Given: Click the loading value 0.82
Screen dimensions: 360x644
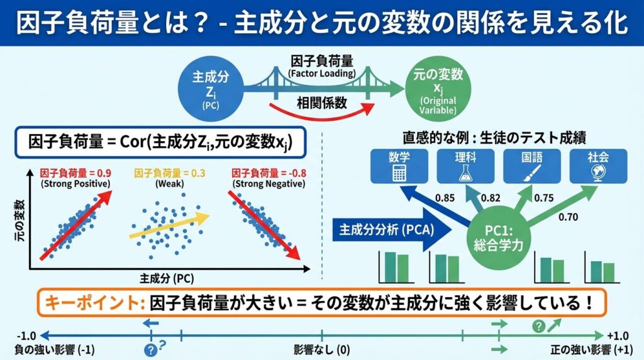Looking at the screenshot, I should [491, 198].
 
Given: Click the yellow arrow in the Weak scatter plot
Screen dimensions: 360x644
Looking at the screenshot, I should [169, 225].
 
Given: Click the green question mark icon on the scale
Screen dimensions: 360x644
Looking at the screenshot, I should [538, 325].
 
